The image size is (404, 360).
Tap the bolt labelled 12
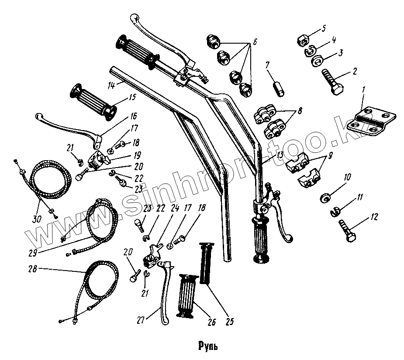(348, 230)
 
